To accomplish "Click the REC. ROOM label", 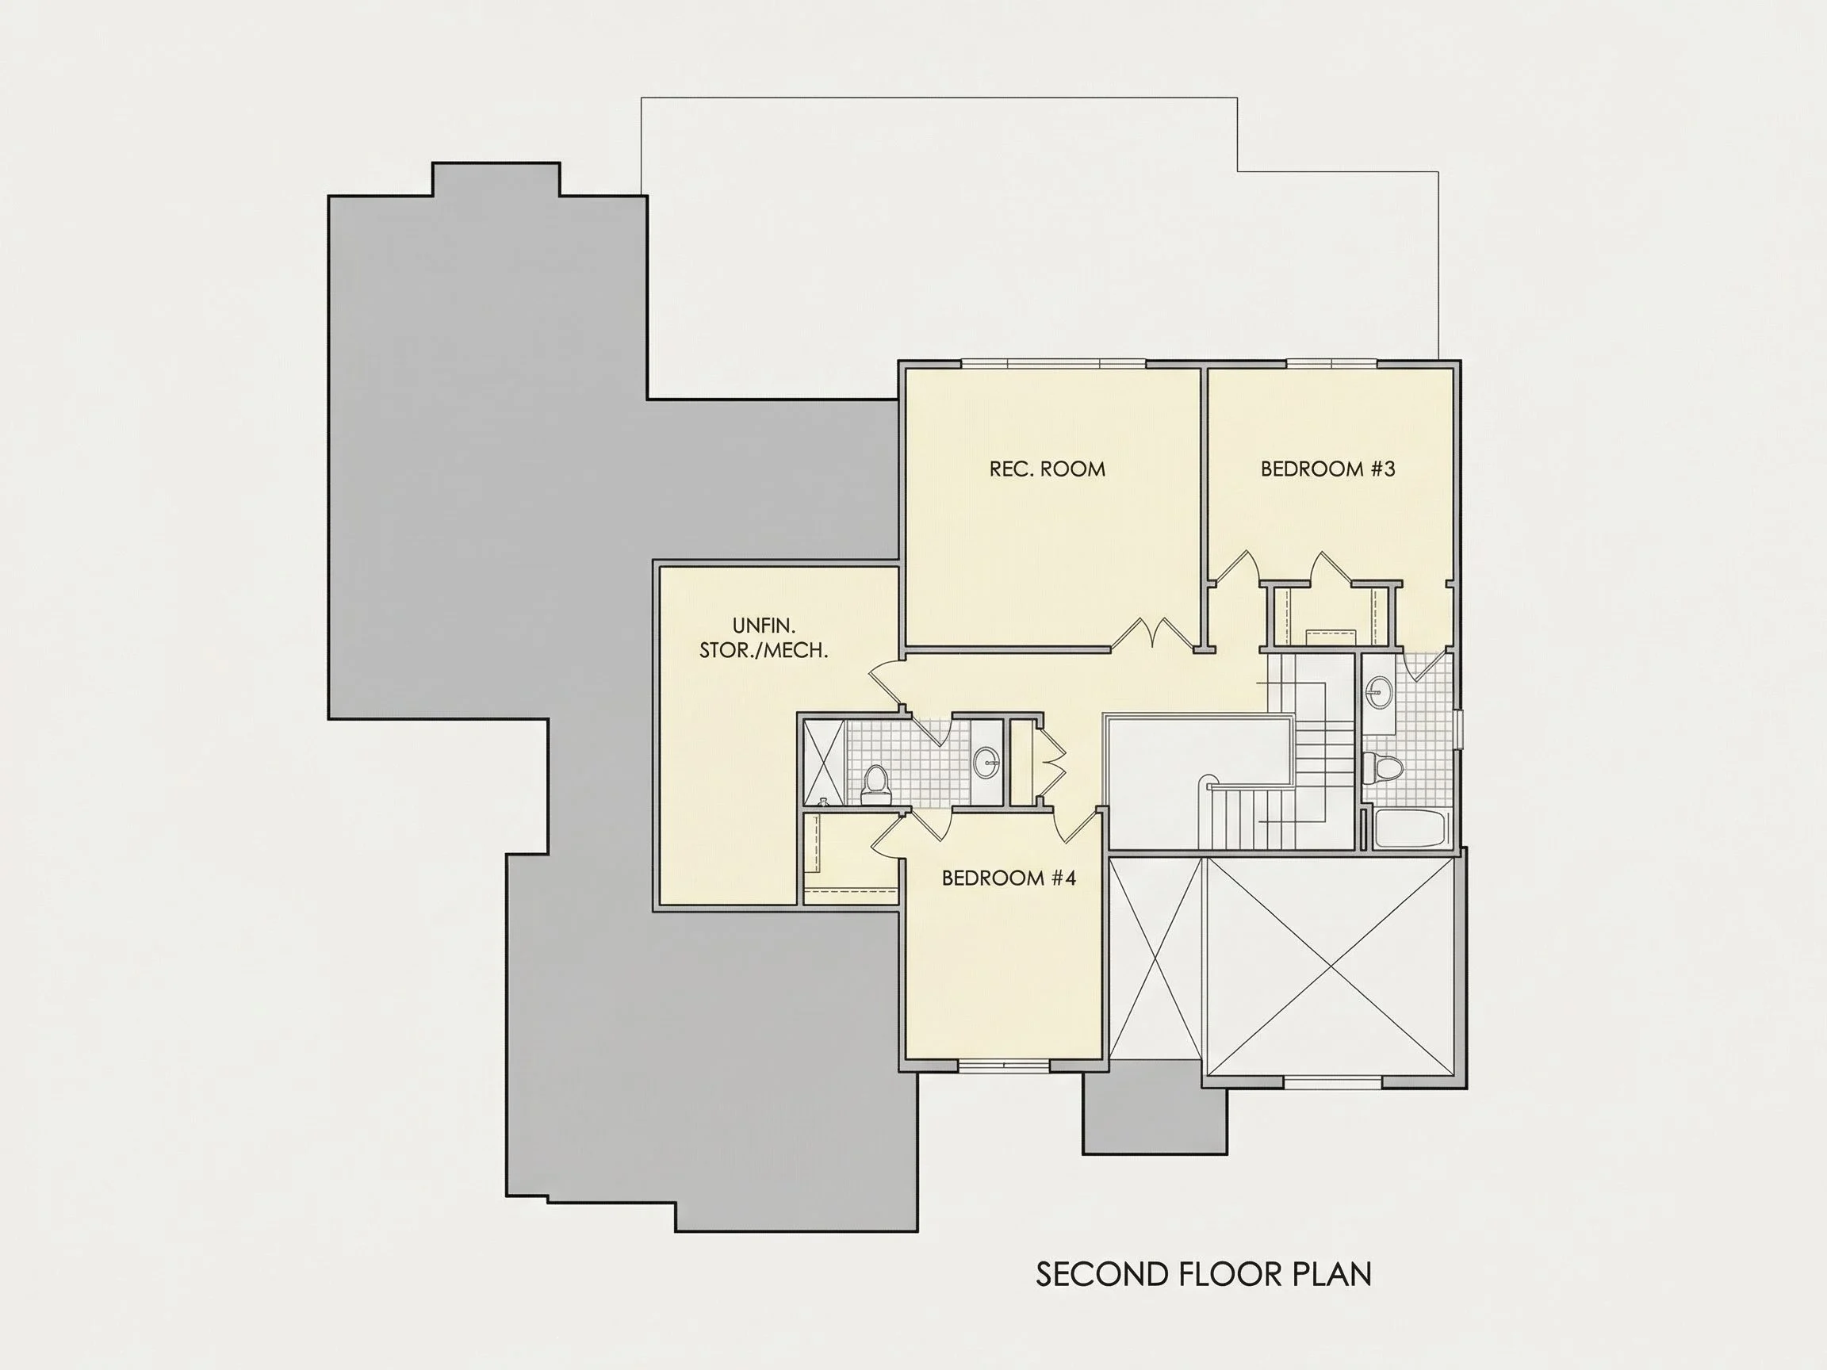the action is click(1048, 469).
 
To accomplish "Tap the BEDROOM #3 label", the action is click(1327, 469).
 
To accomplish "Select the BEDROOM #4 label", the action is click(1009, 878).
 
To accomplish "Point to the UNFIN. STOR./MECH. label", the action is click(764, 638).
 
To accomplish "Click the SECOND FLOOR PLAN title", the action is click(1204, 1274).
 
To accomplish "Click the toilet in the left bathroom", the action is click(874, 785).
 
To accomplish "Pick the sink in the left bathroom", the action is click(986, 762).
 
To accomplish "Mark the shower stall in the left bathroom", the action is click(825, 761).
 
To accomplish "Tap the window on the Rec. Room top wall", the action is click(1053, 364).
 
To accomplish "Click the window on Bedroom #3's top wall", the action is click(1332, 364).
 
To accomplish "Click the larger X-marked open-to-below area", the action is click(1330, 966).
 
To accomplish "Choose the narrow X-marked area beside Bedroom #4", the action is click(1155, 958).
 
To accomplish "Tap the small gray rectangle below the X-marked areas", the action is click(1155, 1107).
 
